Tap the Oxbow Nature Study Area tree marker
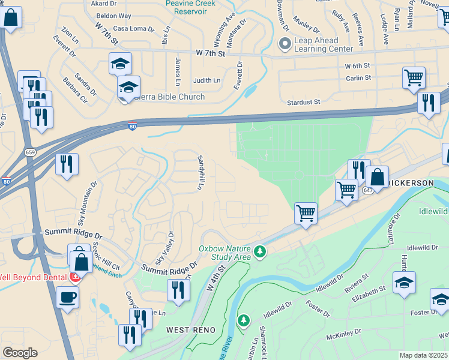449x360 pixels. point(260,251)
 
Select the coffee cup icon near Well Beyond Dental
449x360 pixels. point(67,296)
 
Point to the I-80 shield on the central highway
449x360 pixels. point(132,126)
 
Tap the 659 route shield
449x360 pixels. point(30,152)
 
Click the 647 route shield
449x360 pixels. point(367,190)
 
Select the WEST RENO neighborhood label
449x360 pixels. point(187,330)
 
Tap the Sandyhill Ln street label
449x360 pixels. point(200,172)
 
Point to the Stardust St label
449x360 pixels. point(304,103)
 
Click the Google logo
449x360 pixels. point(20,353)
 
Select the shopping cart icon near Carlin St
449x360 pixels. point(414,77)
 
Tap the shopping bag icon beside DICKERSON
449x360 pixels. point(377,177)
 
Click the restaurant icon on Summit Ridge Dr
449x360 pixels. point(178,290)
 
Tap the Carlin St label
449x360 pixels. point(358,77)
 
